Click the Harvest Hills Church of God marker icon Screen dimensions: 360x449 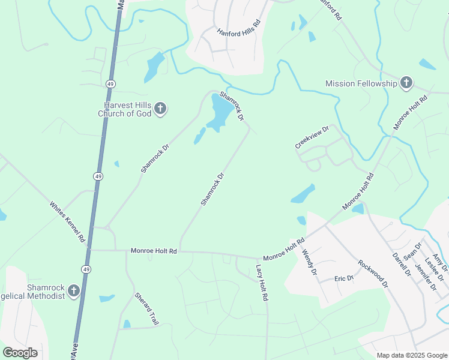(x=160, y=109)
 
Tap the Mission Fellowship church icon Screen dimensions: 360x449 (x=406, y=83)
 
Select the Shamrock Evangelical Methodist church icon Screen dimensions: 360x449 (x=74, y=291)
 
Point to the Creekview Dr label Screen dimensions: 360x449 (x=312, y=137)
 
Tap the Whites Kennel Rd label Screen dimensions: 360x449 (x=67, y=221)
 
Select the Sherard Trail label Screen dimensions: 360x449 (x=146, y=309)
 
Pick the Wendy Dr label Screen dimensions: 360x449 (x=309, y=262)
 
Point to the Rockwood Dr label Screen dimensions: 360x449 (x=373, y=274)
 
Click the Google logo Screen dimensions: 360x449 (x=20, y=353)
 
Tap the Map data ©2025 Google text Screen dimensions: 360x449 (x=412, y=355)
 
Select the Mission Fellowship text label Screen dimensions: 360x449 (x=361, y=83)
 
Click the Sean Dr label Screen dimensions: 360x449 (x=413, y=250)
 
